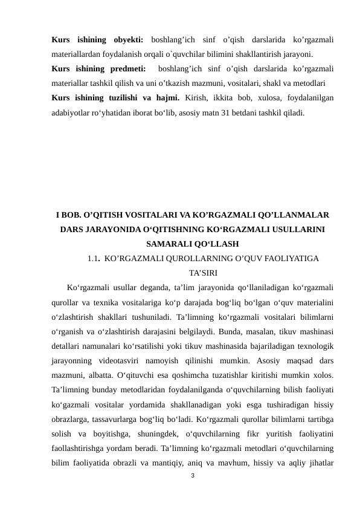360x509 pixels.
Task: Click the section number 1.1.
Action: (93, 259)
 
